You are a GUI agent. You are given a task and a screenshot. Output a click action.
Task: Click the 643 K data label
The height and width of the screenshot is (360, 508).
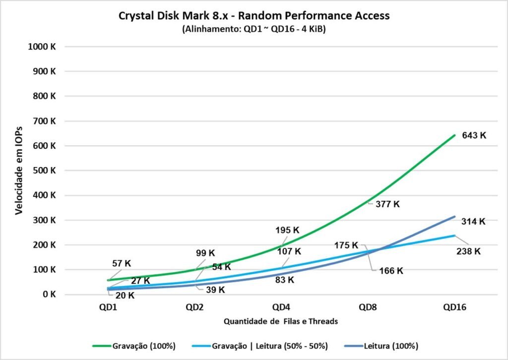pos(474,135)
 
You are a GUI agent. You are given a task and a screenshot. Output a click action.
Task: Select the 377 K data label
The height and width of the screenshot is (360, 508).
pos(387,204)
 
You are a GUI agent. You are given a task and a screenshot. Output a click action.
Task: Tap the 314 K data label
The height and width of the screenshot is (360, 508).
pos(474,221)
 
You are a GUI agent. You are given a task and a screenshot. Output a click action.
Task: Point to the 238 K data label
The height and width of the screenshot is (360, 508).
pos(468,251)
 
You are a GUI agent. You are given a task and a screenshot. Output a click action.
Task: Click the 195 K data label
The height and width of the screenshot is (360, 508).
pos(288,230)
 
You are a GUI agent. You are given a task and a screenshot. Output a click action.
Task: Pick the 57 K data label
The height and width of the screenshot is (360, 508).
pos(121,263)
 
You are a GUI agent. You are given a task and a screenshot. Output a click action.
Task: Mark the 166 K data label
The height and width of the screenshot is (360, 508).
pos(390,271)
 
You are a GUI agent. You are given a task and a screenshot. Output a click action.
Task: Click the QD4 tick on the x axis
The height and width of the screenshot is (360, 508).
pos(281,307)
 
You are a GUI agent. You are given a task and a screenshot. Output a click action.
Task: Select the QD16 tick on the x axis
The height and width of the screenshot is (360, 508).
pos(454,307)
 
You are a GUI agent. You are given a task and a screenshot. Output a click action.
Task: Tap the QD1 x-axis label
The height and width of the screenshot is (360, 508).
pos(108,307)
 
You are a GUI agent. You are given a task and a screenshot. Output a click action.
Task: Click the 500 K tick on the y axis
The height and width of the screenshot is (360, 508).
pos(46,171)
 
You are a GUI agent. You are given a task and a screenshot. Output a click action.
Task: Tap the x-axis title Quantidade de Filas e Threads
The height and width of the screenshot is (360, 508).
pos(281,321)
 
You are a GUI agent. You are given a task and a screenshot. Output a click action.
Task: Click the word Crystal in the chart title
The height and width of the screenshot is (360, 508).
pos(135,16)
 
